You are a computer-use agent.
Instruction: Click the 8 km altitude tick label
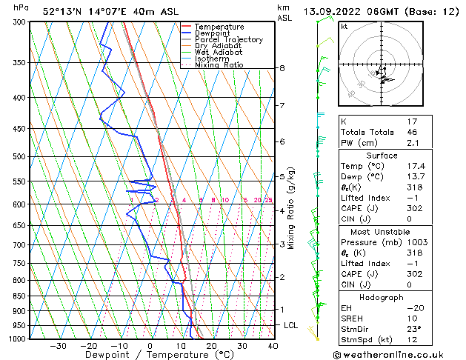[x=282, y=68]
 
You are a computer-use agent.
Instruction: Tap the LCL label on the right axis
[x=292, y=325]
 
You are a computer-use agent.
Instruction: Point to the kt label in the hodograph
[x=344, y=27]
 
